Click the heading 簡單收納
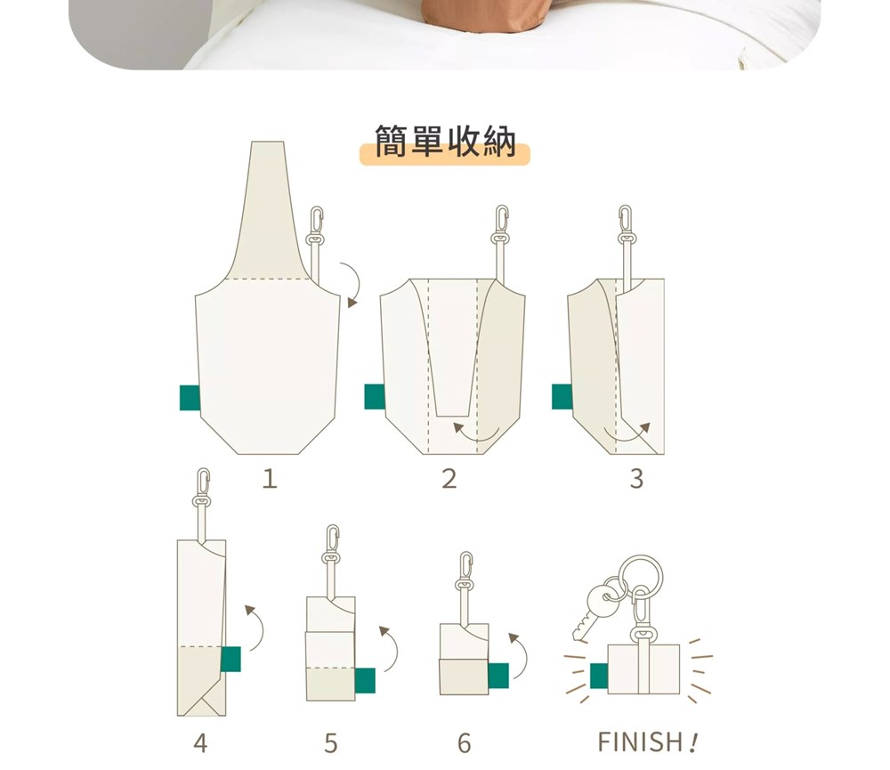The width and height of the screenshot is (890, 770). [x=445, y=141]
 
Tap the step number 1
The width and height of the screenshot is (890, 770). [x=270, y=479]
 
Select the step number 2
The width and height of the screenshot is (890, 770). [x=449, y=479]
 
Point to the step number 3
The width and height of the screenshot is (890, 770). [x=637, y=479]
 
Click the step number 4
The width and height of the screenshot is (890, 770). [x=200, y=742]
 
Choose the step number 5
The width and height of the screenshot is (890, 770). [x=331, y=742]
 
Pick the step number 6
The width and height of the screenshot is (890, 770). [x=464, y=742]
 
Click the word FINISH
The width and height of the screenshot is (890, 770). [x=640, y=742]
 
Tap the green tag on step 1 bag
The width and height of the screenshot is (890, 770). [x=190, y=398]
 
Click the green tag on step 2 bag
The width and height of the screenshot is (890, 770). [x=375, y=396]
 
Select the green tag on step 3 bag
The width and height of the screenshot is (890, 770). [x=562, y=396]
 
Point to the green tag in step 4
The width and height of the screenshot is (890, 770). [x=231, y=659]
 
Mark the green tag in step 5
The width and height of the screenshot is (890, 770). [x=365, y=681]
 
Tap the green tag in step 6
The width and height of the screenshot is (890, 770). [x=498, y=676]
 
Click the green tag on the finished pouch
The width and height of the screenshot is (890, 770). [x=599, y=676]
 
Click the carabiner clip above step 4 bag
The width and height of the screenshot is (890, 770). [x=202, y=489]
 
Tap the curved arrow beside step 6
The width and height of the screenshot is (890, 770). [x=524, y=653]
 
